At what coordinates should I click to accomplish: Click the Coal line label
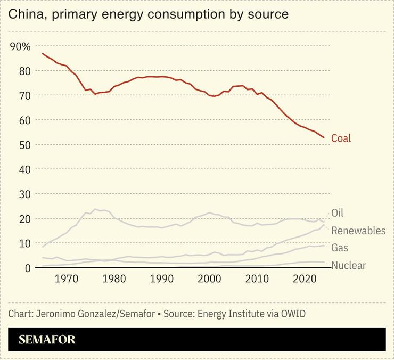click(341, 138)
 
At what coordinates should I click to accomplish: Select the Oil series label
click(337, 213)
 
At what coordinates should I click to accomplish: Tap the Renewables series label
click(358, 231)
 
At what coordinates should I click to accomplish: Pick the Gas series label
click(340, 248)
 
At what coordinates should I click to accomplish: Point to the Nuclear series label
click(348, 265)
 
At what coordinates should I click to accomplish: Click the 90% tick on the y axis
click(20, 46)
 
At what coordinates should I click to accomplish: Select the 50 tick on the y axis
click(16, 145)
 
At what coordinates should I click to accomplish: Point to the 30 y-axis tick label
click(16, 194)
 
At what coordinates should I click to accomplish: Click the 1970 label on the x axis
click(67, 279)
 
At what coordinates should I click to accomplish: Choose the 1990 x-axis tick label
click(162, 279)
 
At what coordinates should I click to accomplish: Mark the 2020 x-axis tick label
click(306, 279)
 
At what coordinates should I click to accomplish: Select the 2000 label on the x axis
click(210, 279)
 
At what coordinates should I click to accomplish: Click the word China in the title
click(24, 14)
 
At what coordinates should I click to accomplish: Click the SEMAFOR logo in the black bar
click(47, 339)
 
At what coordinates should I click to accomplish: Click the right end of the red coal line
click(324, 138)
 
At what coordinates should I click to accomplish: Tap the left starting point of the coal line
click(43, 54)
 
